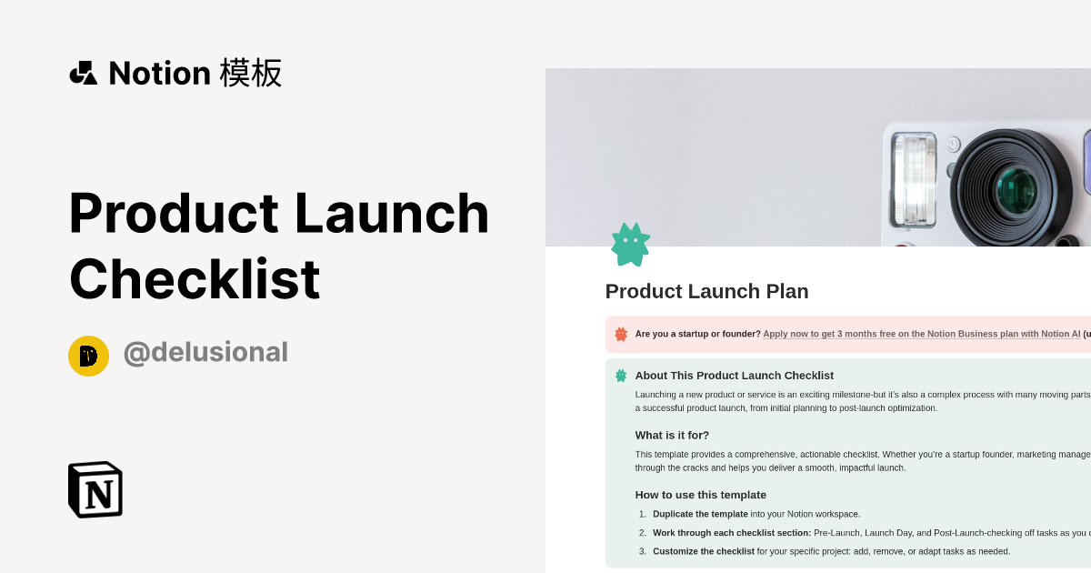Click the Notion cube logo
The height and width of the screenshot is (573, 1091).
click(95, 489)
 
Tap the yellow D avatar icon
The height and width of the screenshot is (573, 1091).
click(88, 356)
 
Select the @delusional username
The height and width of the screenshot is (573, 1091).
click(205, 353)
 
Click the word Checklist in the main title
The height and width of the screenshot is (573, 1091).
click(195, 279)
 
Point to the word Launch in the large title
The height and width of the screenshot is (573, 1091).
click(393, 213)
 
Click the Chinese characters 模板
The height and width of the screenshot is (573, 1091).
click(251, 73)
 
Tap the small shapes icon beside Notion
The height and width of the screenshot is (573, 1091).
click(84, 73)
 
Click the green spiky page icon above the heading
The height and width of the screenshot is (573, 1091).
click(630, 245)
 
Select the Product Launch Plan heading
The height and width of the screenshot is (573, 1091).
click(706, 291)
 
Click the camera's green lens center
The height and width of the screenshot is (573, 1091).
click(1015, 190)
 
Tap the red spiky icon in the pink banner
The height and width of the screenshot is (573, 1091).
click(621, 334)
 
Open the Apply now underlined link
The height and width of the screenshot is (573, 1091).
click(921, 334)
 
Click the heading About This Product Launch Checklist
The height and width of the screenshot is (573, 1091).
click(734, 375)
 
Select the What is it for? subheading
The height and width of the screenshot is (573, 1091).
click(672, 435)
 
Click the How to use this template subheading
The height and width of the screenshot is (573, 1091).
click(700, 495)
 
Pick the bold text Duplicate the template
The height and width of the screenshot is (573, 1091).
click(700, 514)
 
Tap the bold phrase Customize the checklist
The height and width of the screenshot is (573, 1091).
click(703, 551)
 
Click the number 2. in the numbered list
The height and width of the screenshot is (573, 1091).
click(642, 533)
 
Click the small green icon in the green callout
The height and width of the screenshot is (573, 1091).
click(621, 375)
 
